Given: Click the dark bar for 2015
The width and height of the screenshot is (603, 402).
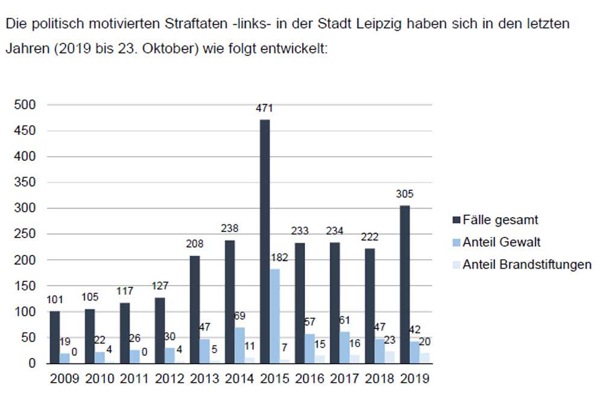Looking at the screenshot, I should click(265, 241).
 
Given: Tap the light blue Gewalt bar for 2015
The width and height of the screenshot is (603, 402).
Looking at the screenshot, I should click(274, 316).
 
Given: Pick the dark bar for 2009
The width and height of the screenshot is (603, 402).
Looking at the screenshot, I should click(55, 337).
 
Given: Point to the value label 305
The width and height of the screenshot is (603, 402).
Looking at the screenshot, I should click(405, 194).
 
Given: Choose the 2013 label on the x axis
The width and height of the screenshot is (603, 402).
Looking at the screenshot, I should click(204, 379).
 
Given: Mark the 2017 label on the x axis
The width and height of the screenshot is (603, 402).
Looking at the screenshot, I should click(344, 379).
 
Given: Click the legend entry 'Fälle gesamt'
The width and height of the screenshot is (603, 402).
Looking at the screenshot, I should click(500, 220).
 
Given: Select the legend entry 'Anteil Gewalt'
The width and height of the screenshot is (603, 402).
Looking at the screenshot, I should click(501, 242).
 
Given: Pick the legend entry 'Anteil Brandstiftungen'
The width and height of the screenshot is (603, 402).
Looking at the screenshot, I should click(526, 265).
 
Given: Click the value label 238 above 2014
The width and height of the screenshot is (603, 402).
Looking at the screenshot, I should click(230, 229).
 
